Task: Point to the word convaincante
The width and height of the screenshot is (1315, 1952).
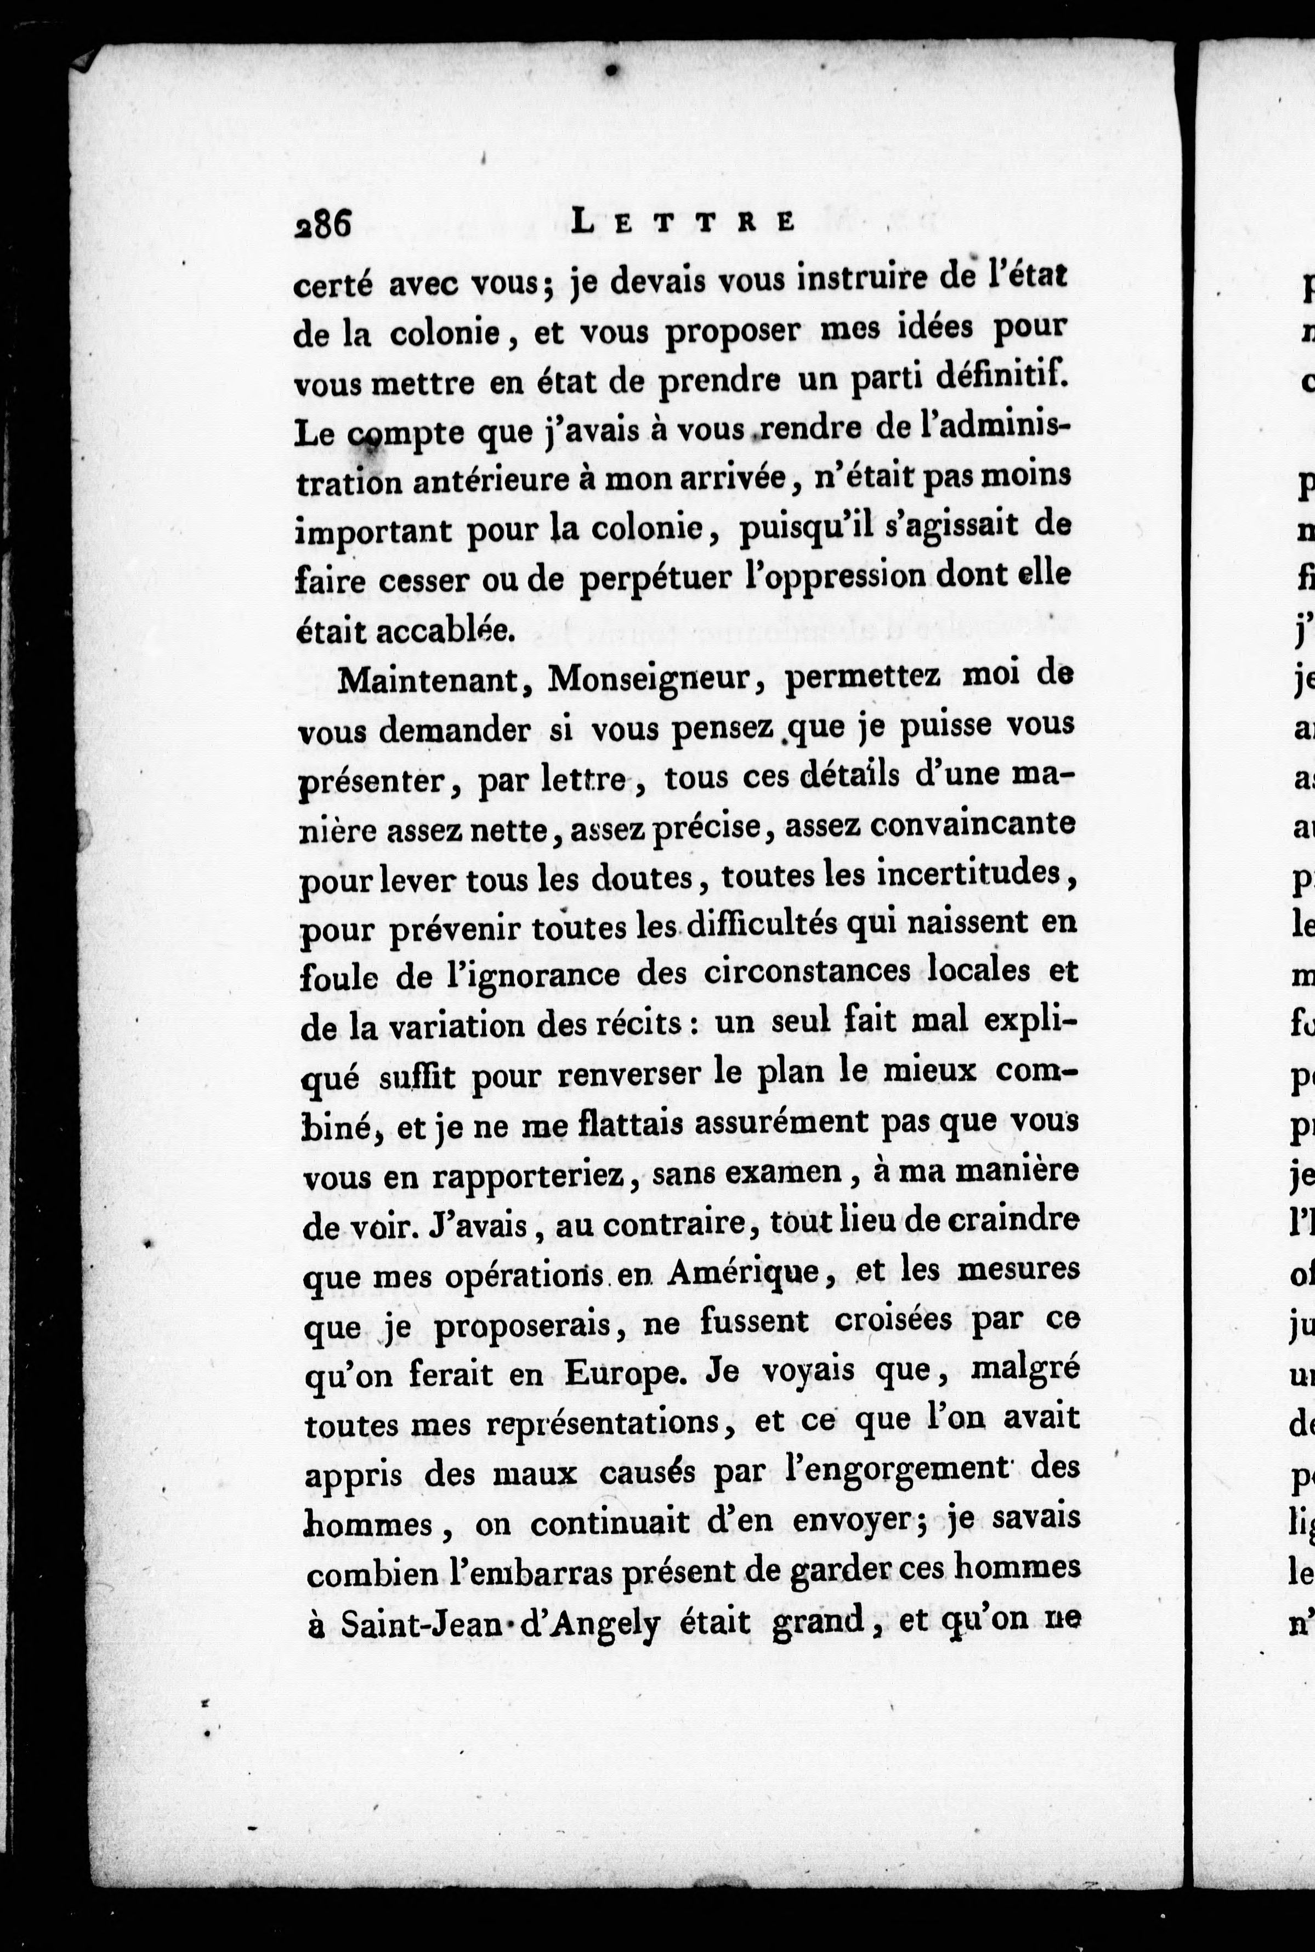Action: (x=972, y=825)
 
